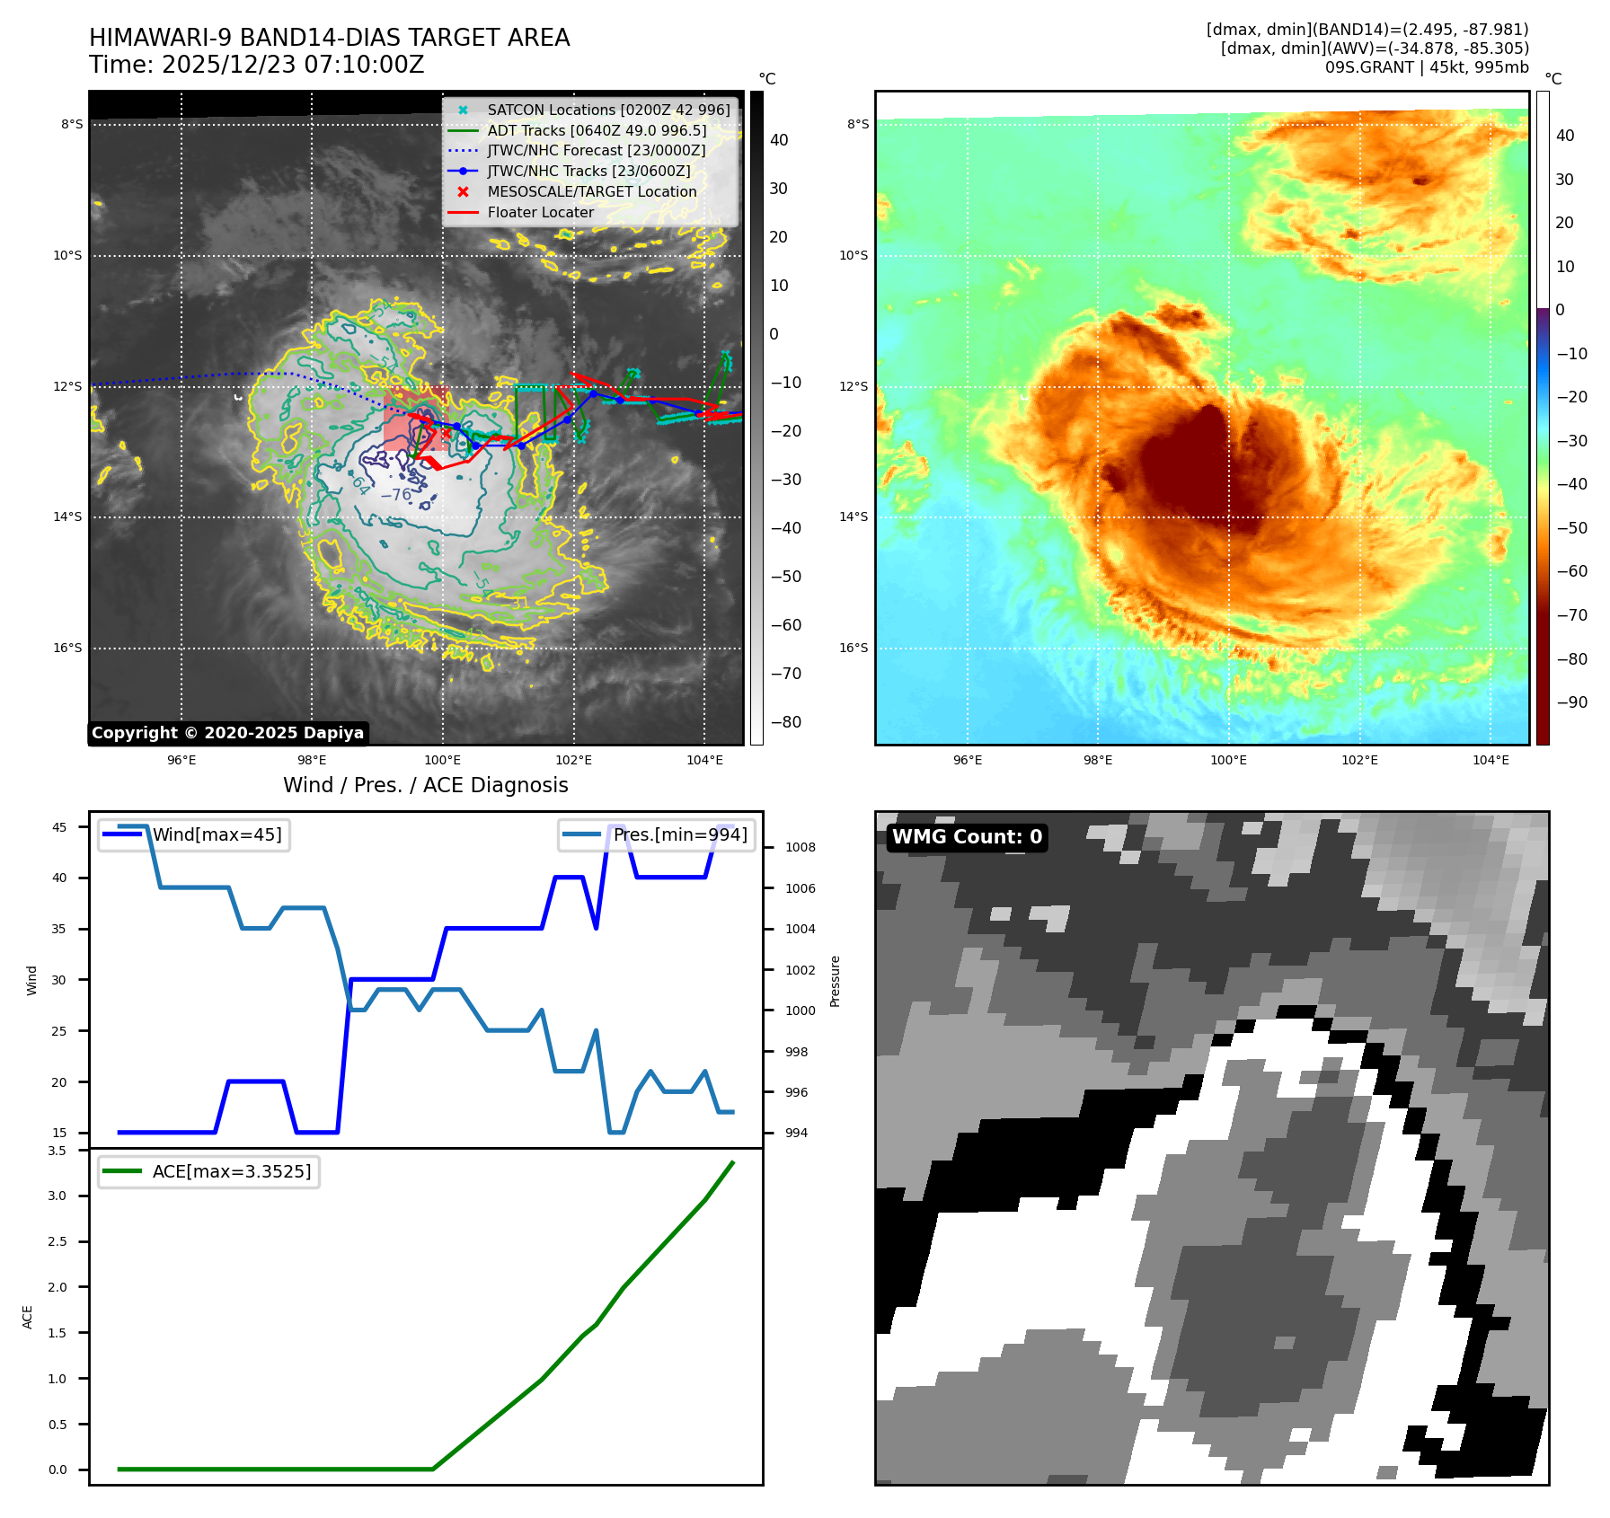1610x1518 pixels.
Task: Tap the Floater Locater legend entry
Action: click(540, 212)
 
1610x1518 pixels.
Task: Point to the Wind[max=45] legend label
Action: click(217, 834)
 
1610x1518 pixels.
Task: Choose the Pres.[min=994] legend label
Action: click(680, 834)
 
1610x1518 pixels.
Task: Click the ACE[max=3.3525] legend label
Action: click(232, 1171)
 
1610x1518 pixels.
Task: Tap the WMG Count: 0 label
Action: click(967, 837)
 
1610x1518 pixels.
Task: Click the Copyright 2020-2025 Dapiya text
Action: click(227, 733)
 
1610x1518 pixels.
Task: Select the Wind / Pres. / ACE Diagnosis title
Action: click(425, 785)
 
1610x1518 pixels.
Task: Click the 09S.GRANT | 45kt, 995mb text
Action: click(1426, 66)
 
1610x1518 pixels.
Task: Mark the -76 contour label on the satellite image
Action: click(395, 495)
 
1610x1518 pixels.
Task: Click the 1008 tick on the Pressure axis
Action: click(800, 847)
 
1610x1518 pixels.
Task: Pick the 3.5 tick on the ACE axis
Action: click(57, 1151)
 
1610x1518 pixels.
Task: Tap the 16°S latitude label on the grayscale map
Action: click(66, 648)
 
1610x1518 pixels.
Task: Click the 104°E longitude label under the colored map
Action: click(1491, 760)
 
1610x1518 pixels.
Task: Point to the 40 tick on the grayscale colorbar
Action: click(779, 140)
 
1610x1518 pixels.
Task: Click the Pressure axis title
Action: click(835, 981)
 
